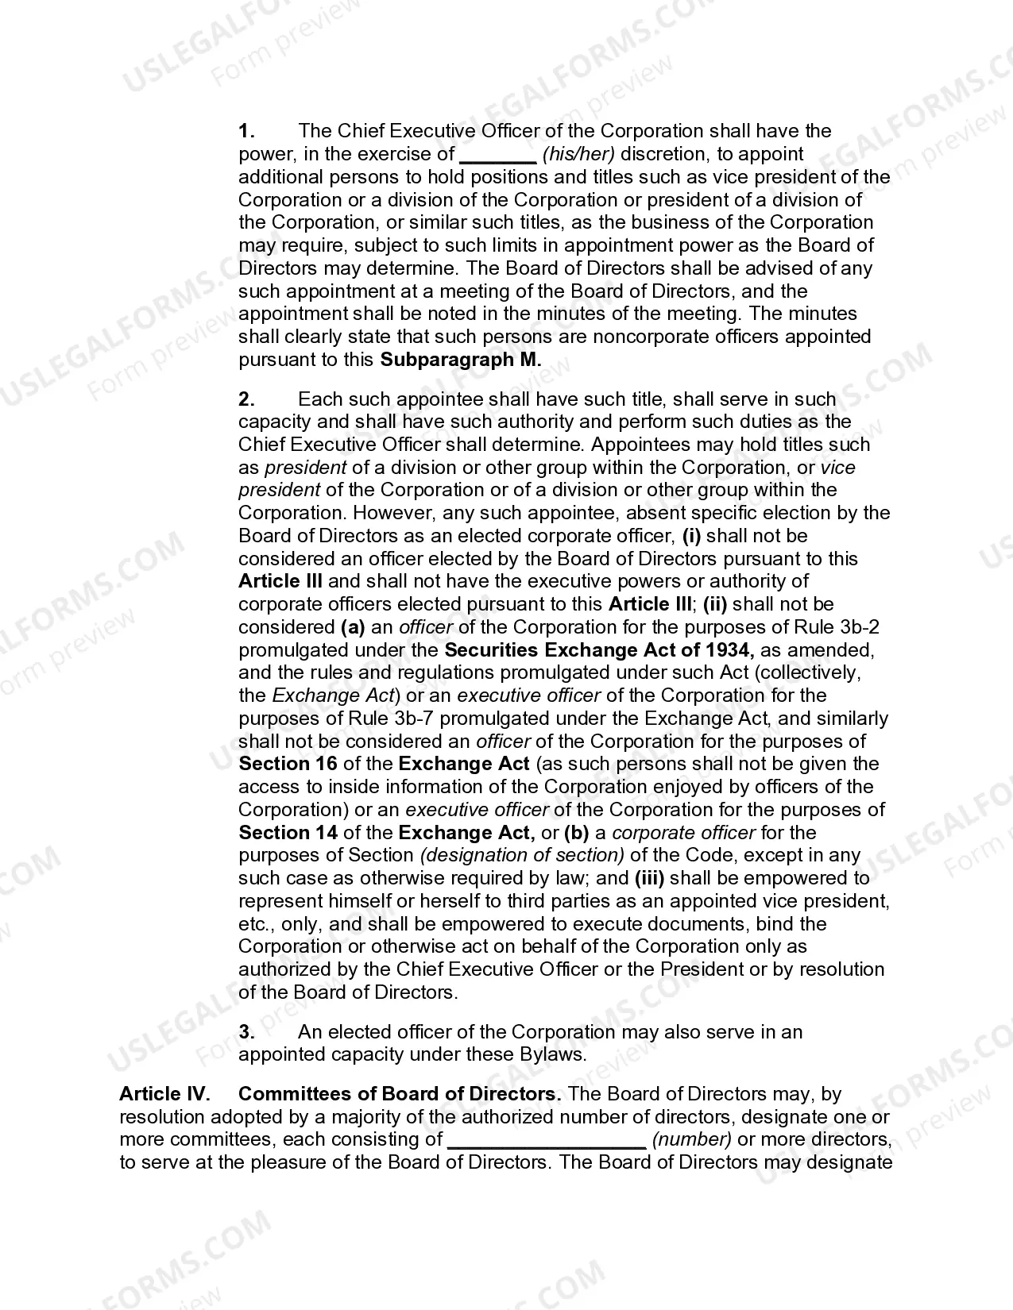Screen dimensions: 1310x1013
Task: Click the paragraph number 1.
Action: [x=246, y=131]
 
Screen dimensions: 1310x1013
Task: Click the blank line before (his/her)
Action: [x=498, y=156]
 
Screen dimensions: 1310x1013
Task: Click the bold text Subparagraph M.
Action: [x=461, y=360]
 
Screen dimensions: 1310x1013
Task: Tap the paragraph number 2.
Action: [x=247, y=399]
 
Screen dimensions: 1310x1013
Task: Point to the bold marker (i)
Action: [x=691, y=536]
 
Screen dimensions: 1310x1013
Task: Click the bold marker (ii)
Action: [x=714, y=604]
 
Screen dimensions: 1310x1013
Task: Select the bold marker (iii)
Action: [x=649, y=878]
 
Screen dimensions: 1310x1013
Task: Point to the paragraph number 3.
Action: [x=247, y=1032]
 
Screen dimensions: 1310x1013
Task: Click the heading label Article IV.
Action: [x=164, y=1094]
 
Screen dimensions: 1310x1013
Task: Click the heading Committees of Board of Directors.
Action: [x=400, y=1094]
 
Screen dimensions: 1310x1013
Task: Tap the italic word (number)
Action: [x=691, y=1140]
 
